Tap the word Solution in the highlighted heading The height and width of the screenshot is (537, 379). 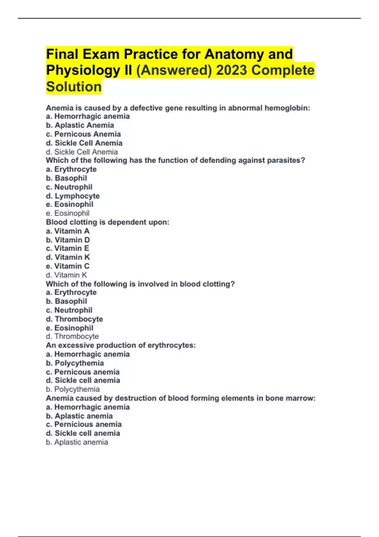click(74, 87)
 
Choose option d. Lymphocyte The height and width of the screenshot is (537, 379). click(73, 196)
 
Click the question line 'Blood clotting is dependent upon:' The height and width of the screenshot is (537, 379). click(107, 222)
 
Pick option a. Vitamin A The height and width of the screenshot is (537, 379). click(68, 231)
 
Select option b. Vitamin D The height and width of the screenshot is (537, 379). click(68, 240)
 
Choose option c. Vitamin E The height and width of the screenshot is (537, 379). click(68, 248)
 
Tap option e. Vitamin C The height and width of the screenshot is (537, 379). click(68, 266)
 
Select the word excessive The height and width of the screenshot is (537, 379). click(75, 345)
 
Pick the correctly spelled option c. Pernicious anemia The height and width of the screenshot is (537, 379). click(84, 424)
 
